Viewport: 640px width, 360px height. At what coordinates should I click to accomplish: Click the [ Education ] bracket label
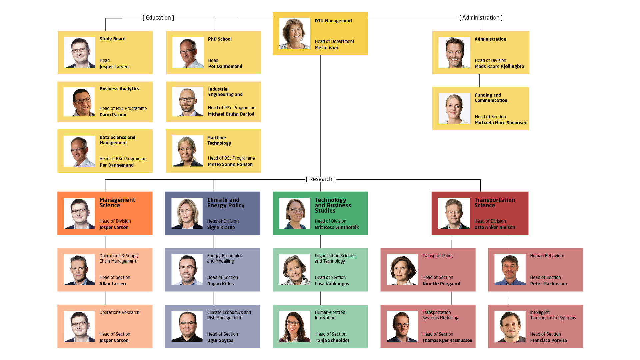point(158,18)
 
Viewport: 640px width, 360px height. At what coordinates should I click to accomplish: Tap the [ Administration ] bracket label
point(481,18)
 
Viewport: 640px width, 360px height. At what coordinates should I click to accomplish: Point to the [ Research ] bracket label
point(321,179)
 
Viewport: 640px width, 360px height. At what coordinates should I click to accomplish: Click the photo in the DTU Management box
point(295,34)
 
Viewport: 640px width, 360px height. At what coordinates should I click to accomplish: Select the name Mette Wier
point(327,48)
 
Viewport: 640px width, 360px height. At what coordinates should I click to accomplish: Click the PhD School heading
point(220,39)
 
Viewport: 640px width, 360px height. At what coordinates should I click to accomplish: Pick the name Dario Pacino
point(113,115)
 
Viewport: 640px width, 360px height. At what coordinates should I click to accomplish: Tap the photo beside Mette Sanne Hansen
point(188,151)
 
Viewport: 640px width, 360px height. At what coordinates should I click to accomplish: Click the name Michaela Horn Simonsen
point(501,123)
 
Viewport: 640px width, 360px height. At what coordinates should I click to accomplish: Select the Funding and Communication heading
point(491,98)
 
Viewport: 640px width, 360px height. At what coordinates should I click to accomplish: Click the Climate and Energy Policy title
point(226,203)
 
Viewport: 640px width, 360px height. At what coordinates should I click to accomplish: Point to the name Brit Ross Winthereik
point(337,227)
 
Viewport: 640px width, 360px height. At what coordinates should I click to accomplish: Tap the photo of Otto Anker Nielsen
point(454,213)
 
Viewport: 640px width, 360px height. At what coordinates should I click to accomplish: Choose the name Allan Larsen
point(113,284)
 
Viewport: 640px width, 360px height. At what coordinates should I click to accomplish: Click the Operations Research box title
point(119,312)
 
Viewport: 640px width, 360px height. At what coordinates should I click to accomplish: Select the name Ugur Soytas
point(220,340)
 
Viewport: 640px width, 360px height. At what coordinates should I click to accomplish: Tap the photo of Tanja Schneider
point(295,326)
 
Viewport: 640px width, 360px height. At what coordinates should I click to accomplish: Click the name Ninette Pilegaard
point(441,284)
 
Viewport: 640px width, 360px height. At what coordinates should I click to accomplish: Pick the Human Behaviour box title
point(547,256)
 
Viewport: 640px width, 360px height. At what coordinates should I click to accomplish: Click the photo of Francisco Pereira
point(510,327)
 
